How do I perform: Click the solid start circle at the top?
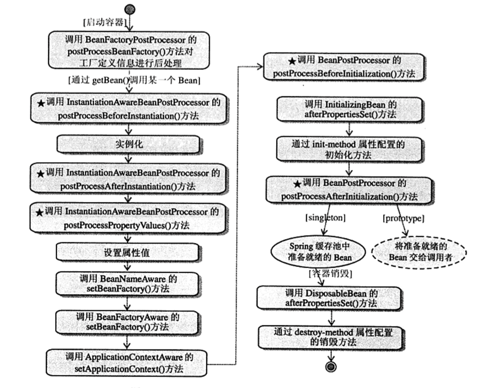[x=130, y=9]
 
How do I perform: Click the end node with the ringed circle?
[x=331, y=367]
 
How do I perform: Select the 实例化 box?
[x=128, y=144]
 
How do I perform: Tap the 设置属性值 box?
[x=127, y=253]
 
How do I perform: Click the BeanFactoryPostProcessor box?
[x=129, y=51]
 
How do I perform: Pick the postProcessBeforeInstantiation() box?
[x=129, y=108]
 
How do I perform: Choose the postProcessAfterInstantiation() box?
[x=128, y=179]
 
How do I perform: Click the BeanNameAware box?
[x=127, y=284]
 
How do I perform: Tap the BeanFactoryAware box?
[x=127, y=322]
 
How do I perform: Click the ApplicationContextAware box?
[x=127, y=363]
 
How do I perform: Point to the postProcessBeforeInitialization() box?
[x=344, y=67]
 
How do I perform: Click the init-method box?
[x=349, y=149]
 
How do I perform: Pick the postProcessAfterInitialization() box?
[x=349, y=190]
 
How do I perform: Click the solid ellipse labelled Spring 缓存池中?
[x=318, y=252]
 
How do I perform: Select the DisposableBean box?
[x=330, y=298]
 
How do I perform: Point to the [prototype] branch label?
[x=403, y=218]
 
